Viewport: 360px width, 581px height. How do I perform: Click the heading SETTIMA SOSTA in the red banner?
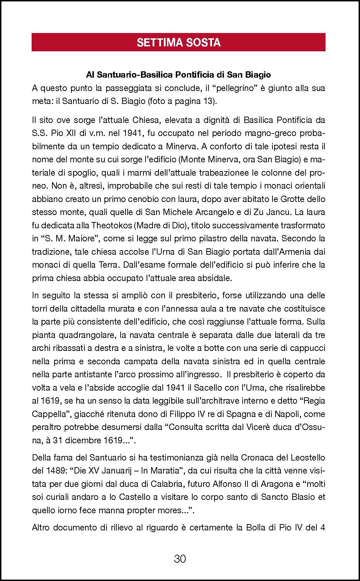[x=179, y=43]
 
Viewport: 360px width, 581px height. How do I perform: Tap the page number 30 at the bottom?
[x=180, y=559]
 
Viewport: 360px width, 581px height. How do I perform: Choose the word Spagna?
[x=237, y=414]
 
